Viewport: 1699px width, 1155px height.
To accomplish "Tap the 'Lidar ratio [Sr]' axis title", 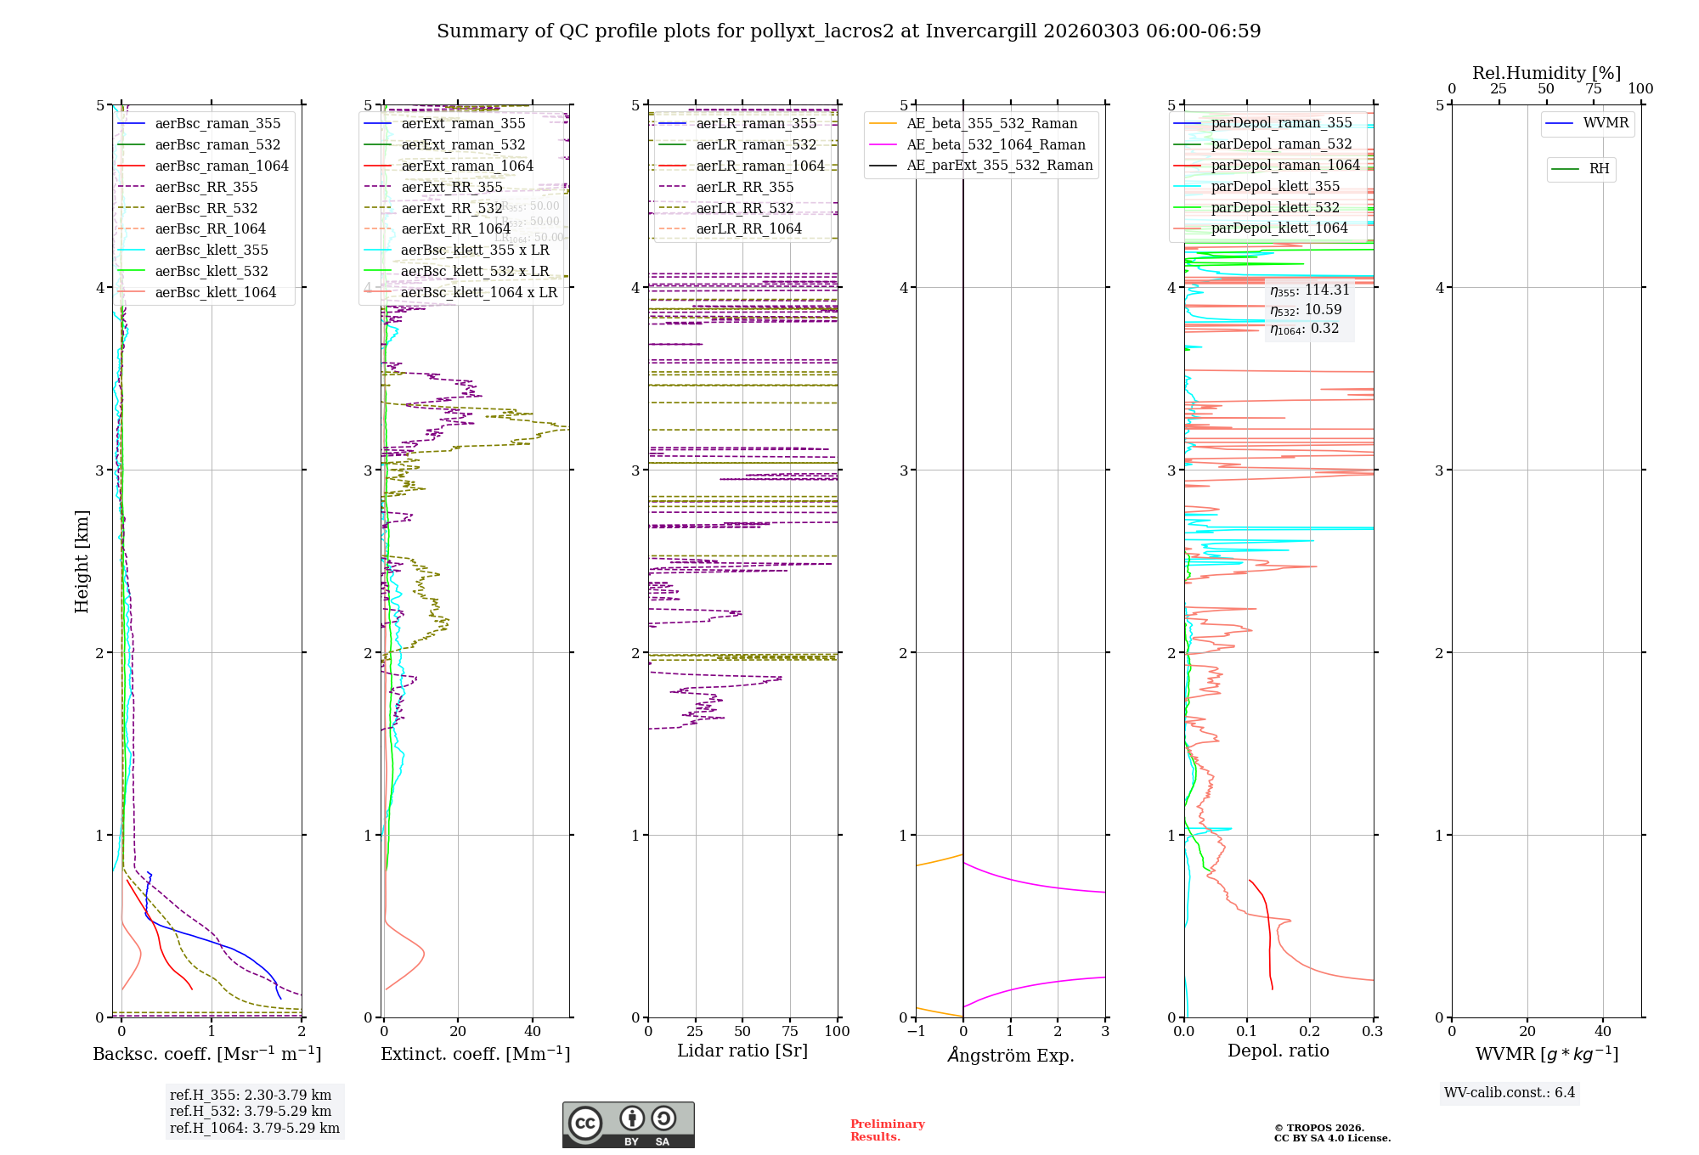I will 742,1051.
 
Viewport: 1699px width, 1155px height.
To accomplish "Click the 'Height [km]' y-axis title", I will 82,561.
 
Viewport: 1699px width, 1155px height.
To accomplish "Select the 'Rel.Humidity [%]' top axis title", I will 1546,73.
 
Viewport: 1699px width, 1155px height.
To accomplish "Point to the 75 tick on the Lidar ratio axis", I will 790,1032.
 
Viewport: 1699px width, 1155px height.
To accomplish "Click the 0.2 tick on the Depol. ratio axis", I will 1310,1032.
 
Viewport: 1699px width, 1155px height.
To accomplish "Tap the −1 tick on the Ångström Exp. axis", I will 916,1032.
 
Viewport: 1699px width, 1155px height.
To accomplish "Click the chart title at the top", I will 849,31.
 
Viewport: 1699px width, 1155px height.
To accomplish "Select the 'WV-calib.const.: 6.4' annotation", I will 1509,1093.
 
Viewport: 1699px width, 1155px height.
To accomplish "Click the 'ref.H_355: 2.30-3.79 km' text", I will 251,1096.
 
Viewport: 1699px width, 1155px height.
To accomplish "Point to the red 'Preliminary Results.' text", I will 887,1130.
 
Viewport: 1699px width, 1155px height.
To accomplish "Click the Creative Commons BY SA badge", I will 628,1125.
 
